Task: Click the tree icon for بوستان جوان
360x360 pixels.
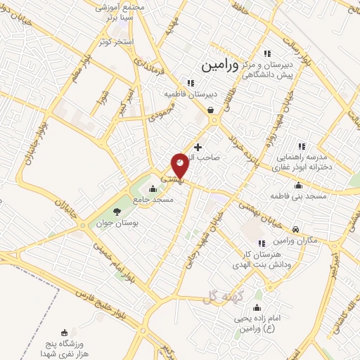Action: tap(117, 212)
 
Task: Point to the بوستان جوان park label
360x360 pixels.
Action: tap(115, 224)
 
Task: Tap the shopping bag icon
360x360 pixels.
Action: tap(212, 110)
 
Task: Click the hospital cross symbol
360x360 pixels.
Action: tap(198, 148)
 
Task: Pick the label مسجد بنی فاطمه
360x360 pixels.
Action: tap(301, 195)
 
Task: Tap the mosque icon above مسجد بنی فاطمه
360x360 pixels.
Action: tap(298, 185)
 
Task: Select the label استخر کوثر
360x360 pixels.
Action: tap(117, 42)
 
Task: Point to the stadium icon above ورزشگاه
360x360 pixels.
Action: tap(65, 332)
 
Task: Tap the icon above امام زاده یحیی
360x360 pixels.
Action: tap(257, 307)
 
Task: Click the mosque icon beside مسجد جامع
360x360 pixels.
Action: tap(153, 188)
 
